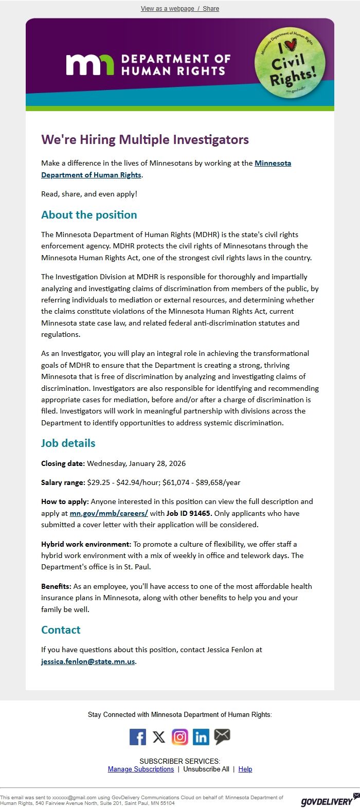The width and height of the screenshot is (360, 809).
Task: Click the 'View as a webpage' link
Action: click(167, 9)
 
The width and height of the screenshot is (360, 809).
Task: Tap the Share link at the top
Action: click(211, 9)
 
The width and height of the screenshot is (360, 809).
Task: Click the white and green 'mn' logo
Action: click(90, 64)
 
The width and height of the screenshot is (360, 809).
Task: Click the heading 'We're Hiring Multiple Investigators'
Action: click(145, 140)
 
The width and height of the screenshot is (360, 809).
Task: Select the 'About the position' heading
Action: click(89, 215)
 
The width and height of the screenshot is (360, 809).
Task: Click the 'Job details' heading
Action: click(68, 443)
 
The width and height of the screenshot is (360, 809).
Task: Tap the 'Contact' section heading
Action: click(61, 630)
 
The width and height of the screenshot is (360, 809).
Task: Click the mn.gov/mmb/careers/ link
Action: click(109, 513)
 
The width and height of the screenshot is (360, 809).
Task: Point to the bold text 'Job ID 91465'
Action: click(188, 513)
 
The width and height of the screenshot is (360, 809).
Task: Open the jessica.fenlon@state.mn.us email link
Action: click(88, 661)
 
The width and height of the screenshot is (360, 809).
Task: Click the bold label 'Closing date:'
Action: click(63, 463)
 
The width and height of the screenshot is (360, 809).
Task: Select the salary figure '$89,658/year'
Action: click(218, 482)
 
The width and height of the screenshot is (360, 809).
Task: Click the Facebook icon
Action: click(138, 737)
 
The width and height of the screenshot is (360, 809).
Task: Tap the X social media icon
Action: click(159, 737)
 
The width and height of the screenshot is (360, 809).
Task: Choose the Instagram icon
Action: click(180, 737)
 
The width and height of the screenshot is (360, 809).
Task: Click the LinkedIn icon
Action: click(201, 737)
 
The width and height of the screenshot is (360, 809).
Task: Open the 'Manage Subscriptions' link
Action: click(141, 769)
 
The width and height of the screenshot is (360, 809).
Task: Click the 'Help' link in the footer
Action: click(245, 769)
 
